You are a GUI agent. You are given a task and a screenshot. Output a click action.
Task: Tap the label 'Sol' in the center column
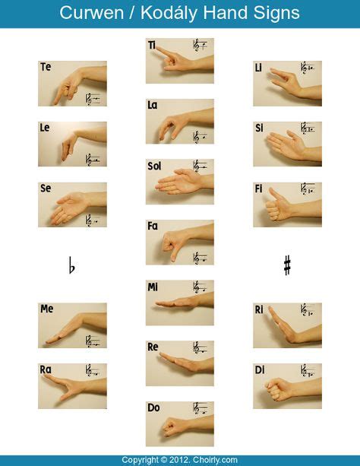coord(154,165)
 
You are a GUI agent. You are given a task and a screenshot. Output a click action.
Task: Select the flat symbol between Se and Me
coord(72,266)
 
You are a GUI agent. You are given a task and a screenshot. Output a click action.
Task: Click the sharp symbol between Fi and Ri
coord(287,265)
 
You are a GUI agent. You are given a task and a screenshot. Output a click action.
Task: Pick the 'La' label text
coord(152,105)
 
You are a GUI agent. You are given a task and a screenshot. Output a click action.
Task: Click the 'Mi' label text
coord(152,287)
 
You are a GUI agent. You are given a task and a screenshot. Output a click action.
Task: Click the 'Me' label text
coord(46,309)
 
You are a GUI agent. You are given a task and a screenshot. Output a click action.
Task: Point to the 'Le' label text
coord(45,128)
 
